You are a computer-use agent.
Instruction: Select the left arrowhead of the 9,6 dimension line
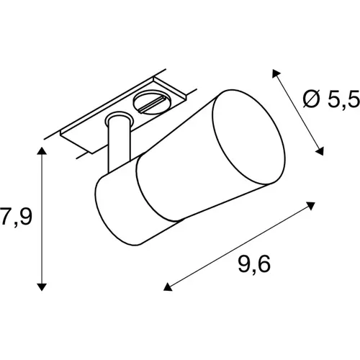[168, 287]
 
